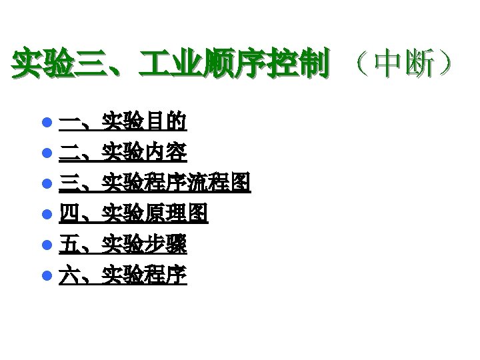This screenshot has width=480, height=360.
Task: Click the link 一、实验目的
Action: coord(123,121)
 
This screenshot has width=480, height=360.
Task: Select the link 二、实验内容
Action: coord(123,152)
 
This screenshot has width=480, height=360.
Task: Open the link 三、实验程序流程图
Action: coord(155,182)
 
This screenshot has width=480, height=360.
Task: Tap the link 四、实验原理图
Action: coord(133,213)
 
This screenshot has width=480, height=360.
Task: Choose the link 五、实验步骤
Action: coord(123,243)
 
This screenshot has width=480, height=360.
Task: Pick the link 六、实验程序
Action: coord(123,273)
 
